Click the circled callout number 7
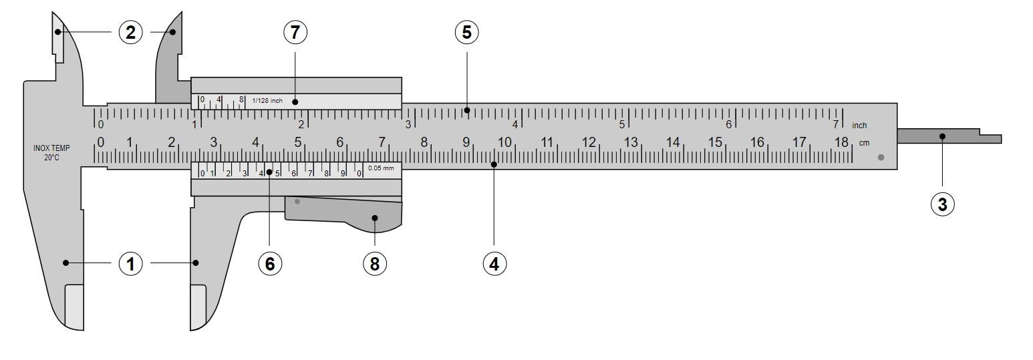(x=295, y=32)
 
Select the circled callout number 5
(x=466, y=32)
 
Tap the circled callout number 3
(x=943, y=204)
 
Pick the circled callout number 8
(x=374, y=264)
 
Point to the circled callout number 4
(x=494, y=264)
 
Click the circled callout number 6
(x=270, y=264)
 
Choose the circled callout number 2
(x=131, y=32)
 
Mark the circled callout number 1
(x=131, y=264)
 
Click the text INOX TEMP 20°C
(x=51, y=152)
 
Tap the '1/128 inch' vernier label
(x=267, y=100)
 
